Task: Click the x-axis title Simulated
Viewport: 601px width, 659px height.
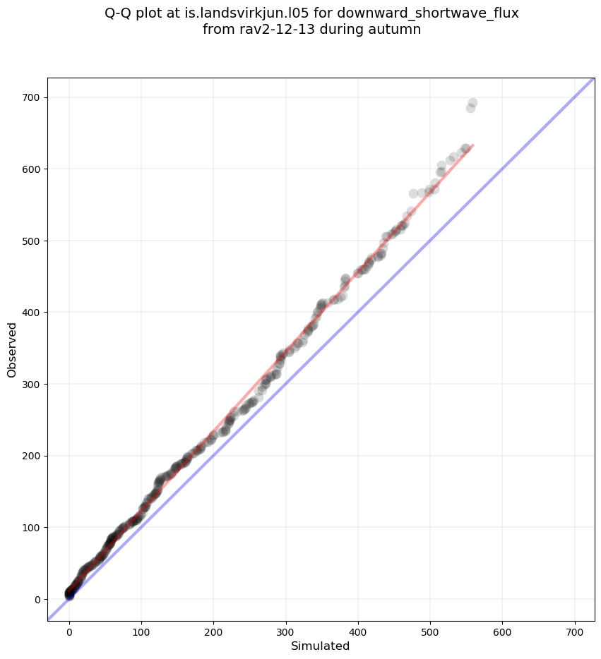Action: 321,646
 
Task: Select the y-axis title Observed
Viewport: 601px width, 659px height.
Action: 12,349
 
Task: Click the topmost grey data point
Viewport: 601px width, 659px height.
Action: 472,103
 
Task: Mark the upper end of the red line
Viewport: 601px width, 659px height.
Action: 472,145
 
